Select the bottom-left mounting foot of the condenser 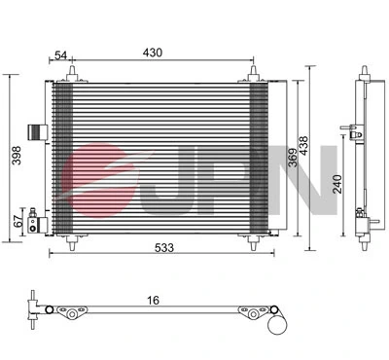click(68, 239)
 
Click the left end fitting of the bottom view click(35, 309)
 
